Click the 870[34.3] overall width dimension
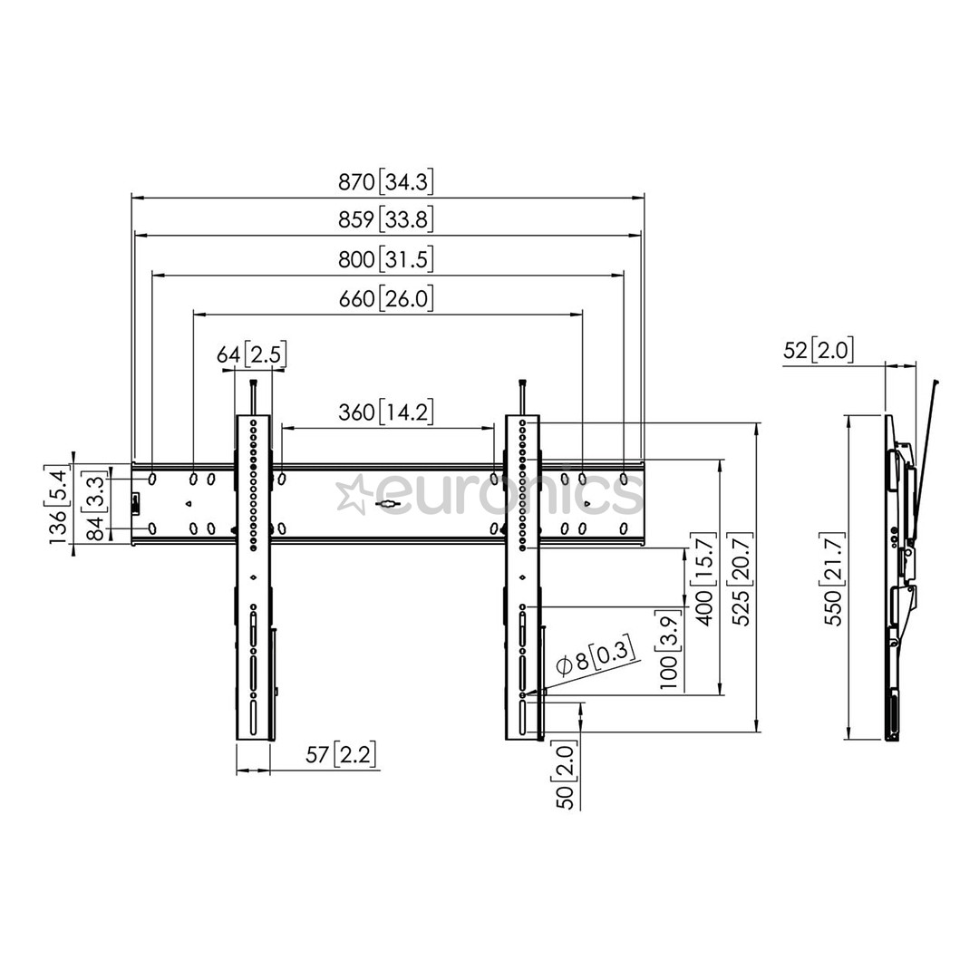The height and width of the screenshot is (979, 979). pyautogui.click(x=386, y=182)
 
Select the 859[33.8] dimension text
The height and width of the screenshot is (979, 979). pyautogui.click(x=386, y=220)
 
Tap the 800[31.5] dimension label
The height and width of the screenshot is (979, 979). pyautogui.click(x=386, y=260)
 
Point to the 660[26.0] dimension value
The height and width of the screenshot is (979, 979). pyautogui.click(x=386, y=298)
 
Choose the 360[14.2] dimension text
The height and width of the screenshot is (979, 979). pyautogui.click(x=386, y=412)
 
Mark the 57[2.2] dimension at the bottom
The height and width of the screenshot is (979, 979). pyautogui.click(x=340, y=754)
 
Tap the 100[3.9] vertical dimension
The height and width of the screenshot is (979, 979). pyautogui.click(x=669, y=662)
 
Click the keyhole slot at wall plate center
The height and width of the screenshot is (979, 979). pyautogui.click(x=387, y=505)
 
